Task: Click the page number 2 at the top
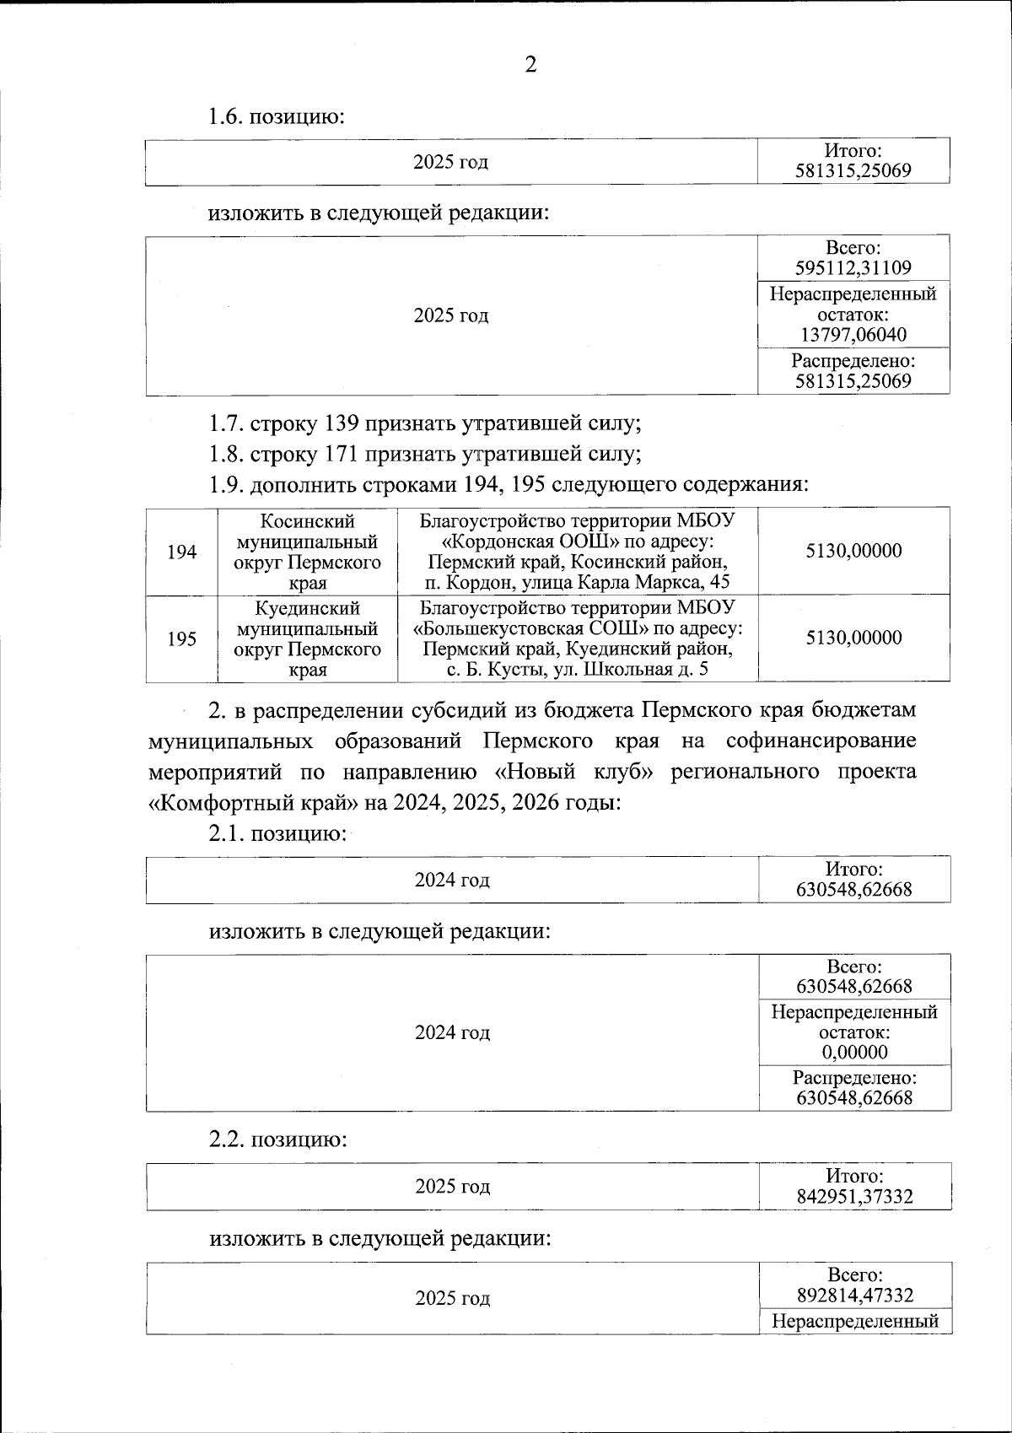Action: click(x=530, y=65)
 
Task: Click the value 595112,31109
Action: click(x=853, y=268)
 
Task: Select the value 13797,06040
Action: click(x=853, y=335)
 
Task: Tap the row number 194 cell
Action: click(x=182, y=552)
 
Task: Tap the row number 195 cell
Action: click(x=182, y=638)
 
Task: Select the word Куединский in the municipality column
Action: click(x=308, y=608)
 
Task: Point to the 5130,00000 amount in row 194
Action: click(x=853, y=551)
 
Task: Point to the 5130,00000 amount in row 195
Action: click(x=853, y=638)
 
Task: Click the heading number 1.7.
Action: click(x=225, y=423)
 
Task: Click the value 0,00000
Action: click(x=854, y=1053)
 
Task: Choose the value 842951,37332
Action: click(x=854, y=1197)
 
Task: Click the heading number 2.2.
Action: click(x=227, y=1139)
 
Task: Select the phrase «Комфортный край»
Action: click(x=253, y=802)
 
